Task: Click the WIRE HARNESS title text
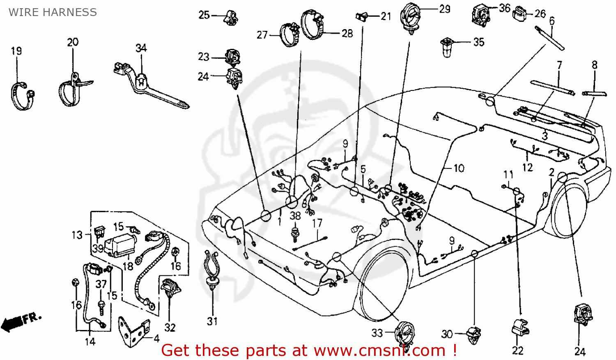coord(53,12)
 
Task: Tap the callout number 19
coord(16,51)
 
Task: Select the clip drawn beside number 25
coord(231,17)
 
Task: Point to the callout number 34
coord(141,48)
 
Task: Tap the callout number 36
coord(505,8)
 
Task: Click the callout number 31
coord(212,321)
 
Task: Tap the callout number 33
coord(377,333)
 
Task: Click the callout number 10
coord(458,168)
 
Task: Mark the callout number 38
coord(295,216)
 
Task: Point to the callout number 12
coord(527,168)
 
